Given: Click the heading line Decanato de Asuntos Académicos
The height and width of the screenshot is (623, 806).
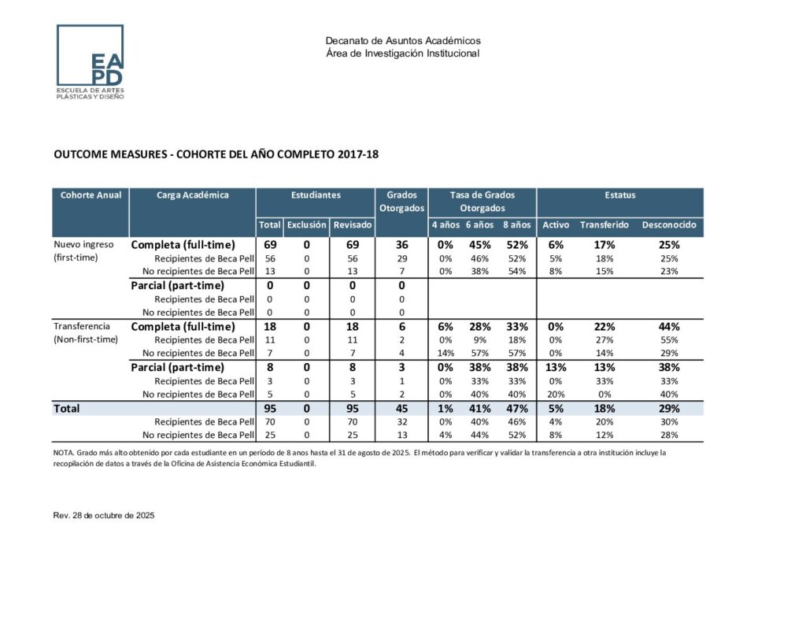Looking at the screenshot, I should (402, 41).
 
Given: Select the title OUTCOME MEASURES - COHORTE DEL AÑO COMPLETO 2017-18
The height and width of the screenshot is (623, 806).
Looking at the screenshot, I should (216, 154).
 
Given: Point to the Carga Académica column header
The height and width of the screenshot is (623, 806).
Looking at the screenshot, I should (193, 195).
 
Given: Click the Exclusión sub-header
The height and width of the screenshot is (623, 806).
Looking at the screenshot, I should (306, 225).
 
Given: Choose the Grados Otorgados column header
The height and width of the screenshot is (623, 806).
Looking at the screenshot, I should (401, 202).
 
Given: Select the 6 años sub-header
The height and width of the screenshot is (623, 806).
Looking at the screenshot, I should (479, 225).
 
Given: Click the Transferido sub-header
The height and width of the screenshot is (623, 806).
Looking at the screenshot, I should (604, 225).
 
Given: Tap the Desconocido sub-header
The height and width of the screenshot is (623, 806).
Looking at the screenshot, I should (669, 225).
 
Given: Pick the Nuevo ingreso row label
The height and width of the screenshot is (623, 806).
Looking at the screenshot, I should (83, 244).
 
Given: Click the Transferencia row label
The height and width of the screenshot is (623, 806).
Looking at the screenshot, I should (82, 326).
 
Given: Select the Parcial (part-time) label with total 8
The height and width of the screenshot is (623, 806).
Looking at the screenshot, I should (177, 367).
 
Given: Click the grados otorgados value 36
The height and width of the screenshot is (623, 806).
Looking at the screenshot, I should (401, 245).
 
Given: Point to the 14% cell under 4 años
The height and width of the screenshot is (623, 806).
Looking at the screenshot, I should (446, 353).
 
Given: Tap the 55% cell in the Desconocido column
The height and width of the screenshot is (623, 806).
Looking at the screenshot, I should (669, 339).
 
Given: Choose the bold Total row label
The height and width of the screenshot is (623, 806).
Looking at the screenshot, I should (66, 409).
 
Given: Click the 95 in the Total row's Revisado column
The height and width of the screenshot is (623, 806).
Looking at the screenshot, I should (352, 409).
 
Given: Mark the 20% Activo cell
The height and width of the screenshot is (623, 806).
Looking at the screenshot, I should (555, 395).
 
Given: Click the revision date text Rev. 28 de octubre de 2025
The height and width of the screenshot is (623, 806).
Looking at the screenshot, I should (103, 515).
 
